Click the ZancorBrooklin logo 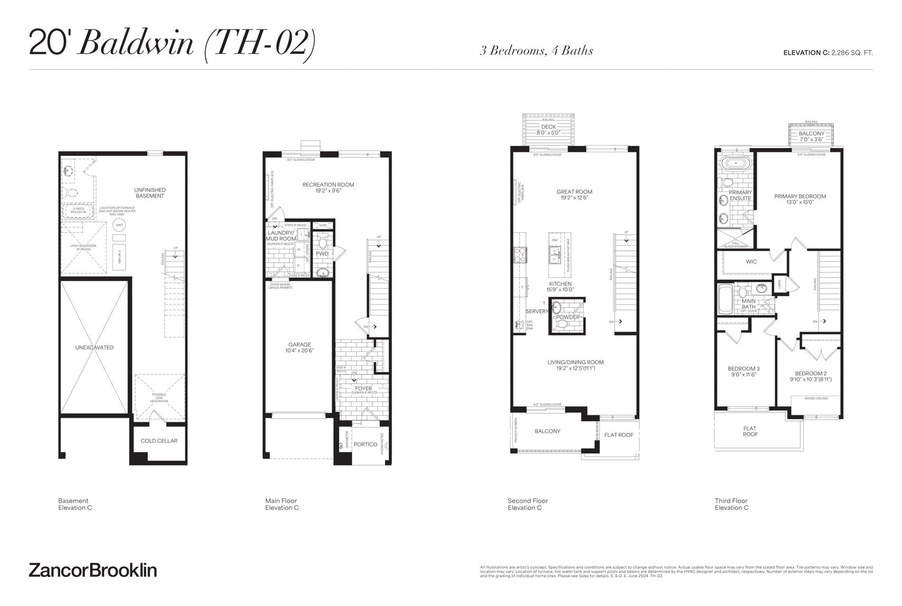pyautogui.click(x=93, y=570)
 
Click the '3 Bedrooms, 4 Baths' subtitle pyautogui.click(x=536, y=51)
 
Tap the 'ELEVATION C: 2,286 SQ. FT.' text pyautogui.click(x=827, y=53)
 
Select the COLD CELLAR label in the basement pyautogui.click(x=159, y=441)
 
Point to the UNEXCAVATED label pyautogui.click(x=94, y=347)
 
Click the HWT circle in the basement pyautogui.click(x=120, y=225)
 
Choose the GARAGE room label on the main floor pyautogui.click(x=300, y=347)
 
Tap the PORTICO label pyautogui.click(x=365, y=445)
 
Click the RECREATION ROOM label pyautogui.click(x=328, y=187)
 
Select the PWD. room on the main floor pyautogui.click(x=322, y=254)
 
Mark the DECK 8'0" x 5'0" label pyautogui.click(x=548, y=130)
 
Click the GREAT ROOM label pyautogui.click(x=574, y=194)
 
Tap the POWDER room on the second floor pyautogui.click(x=568, y=317)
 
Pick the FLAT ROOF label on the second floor pyautogui.click(x=619, y=435)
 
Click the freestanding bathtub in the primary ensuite pyautogui.click(x=735, y=164)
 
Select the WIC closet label pyautogui.click(x=751, y=262)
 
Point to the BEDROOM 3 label pyautogui.click(x=743, y=371)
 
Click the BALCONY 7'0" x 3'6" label pyautogui.click(x=811, y=136)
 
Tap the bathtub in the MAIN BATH pyautogui.click(x=725, y=300)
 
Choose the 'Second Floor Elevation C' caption pyautogui.click(x=527, y=504)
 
